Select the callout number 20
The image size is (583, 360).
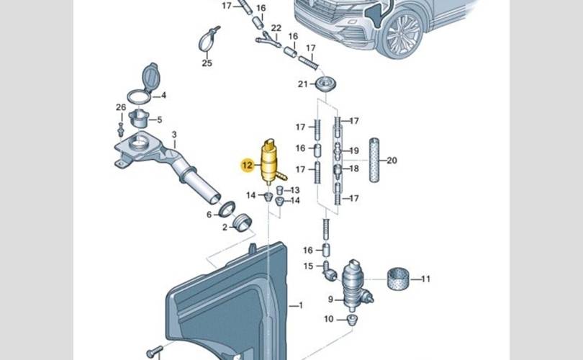(x=392, y=160)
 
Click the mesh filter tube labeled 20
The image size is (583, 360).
(x=374, y=160)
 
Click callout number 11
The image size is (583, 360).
(x=425, y=279)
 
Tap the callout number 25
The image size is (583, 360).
(x=207, y=63)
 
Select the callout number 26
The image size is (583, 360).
(x=120, y=107)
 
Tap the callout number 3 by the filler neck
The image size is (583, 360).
(x=173, y=135)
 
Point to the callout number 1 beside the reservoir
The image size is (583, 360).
(x=301, y=305)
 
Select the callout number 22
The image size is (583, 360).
(x=276, y=28)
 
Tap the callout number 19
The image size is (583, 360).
(x=353, y=150)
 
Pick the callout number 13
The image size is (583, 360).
(x=295, y=189)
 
